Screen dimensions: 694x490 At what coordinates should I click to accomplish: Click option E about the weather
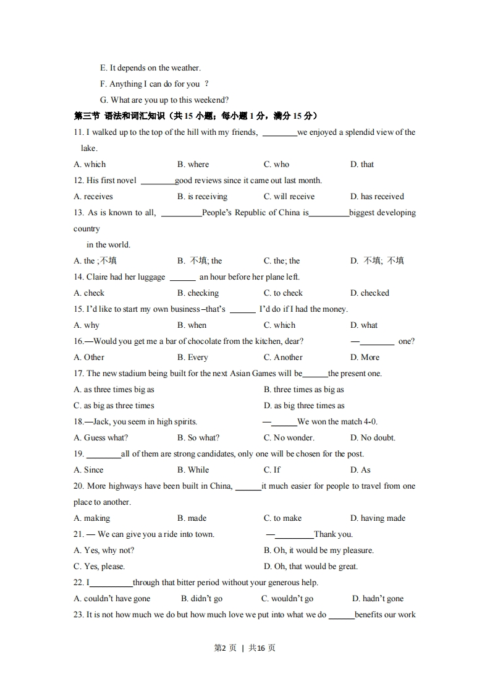click(150, 68)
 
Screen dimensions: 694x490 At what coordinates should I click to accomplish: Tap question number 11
click(78, 132)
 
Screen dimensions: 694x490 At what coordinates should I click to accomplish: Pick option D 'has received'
click(377, 197)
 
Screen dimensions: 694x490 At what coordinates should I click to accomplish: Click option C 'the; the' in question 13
click(282, 261)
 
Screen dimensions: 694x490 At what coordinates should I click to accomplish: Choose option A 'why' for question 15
click(87, 325)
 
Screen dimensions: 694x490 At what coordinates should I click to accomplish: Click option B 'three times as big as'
click(304, 390)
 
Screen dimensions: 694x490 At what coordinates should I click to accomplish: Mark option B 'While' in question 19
click(193, 470)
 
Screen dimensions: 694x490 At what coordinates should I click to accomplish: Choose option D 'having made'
click(378, 518)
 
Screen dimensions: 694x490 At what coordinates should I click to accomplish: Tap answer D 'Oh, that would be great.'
click(311, 567)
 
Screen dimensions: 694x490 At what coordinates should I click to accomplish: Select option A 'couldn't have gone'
click(112, 599)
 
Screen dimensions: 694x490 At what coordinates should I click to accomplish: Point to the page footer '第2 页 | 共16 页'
click(245, 648)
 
